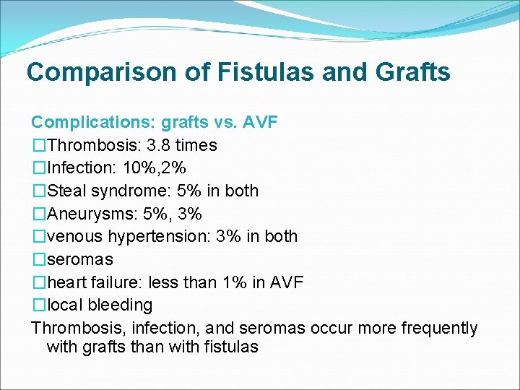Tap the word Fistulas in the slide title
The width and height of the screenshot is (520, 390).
(235, 72)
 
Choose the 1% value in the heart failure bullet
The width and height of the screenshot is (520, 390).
(237, 282)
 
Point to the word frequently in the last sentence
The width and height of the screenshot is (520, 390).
(438, 328)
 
